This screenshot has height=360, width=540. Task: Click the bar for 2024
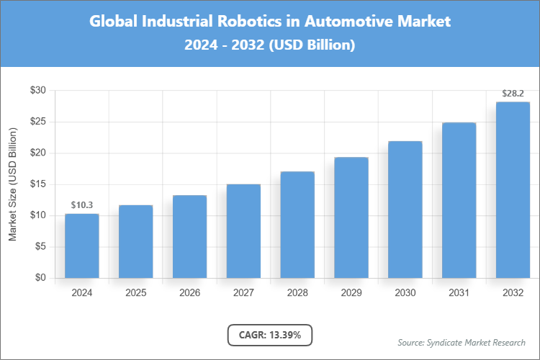tap(81, 246)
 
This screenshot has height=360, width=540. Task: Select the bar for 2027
tap(243, 231)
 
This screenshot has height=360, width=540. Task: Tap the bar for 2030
tap(405, 210)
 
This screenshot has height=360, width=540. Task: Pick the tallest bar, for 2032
tap(513, 190)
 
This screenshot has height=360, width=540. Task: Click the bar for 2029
tap(351, 217)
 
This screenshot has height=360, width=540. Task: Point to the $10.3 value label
tap(81, 205)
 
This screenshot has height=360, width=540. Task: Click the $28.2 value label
tap(513, 94)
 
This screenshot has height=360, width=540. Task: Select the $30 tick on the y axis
tap(37, 91)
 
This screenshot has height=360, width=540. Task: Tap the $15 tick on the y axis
tap(37, 184)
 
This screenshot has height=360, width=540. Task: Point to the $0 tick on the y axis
tap(40, 278)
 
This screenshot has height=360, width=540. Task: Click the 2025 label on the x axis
tap(135, 293)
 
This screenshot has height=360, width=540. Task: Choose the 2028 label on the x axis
tap(297, 293)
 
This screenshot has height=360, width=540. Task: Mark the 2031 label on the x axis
tap(459, 293)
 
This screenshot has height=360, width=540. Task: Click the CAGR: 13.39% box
tap(270, 335)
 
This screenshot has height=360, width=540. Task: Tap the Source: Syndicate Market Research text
tap(462, 342)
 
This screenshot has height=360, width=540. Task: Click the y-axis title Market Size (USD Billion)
tap(12, 184)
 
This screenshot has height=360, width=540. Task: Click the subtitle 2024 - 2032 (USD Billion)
tap(270, 45)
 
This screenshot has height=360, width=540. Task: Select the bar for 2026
tap(189, 237)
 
